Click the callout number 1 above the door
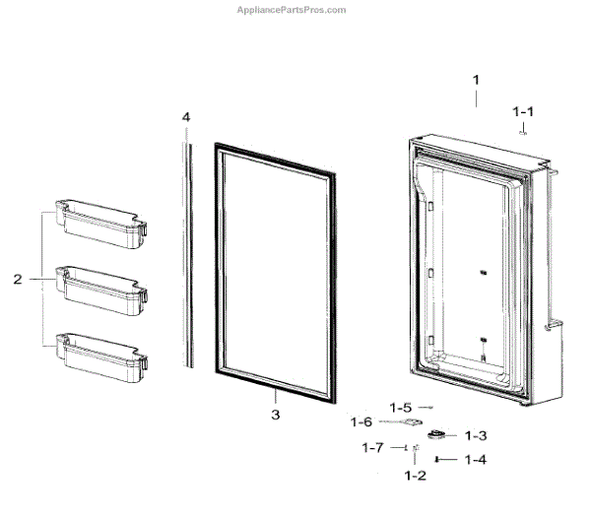pyautogui.click(x=476, y=79)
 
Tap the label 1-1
pyautogui.click(x=523, y=112)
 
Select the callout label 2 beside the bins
pyautogui.click(x=18, y=280)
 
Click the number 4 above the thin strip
pyautogui.click(x=185, y=117)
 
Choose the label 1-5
pyautogui.click(x=400, y=407)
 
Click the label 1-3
pyautogui.click(x=476, y=435)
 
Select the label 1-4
pyautogui.click(x=476, y=459)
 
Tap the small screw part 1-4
pyautogui.click(x=439, y=459)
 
